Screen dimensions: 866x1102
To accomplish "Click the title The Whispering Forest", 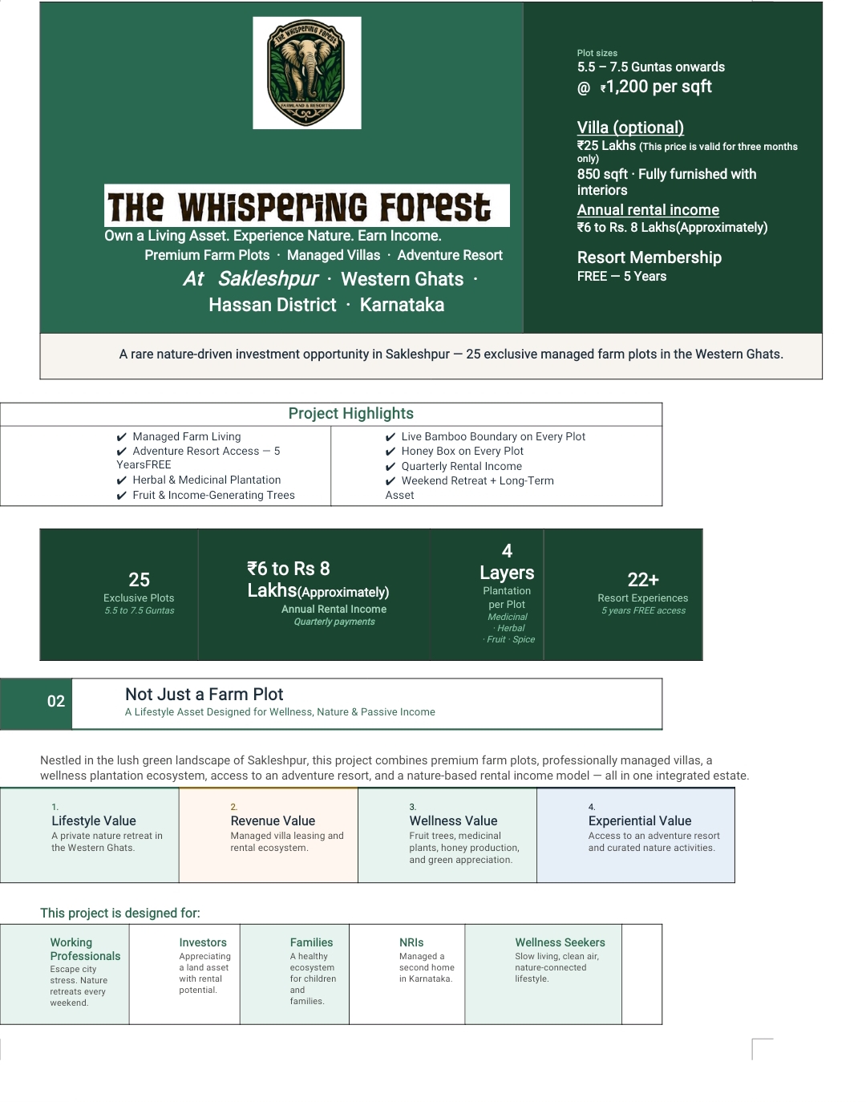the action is [x=299, y=206].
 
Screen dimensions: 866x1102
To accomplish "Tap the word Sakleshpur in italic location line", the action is [x=268, y=279].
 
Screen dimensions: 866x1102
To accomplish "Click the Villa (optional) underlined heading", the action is [x=630, y=128].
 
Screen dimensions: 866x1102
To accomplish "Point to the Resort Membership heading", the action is [x=649, y=257].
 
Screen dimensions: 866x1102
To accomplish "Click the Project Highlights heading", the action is [x=351, y=413].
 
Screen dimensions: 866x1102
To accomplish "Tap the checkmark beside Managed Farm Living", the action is [x=121, y=437].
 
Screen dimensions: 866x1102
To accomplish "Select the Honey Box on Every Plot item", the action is [x=462, y=451].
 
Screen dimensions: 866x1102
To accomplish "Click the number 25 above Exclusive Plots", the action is [x=139, y=579].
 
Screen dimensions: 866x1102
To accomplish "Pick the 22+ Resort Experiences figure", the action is [x=643, y=579].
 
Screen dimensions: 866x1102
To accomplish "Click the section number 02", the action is [x=56, y=701].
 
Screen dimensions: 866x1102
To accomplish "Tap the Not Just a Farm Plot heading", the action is [x=204, y=694].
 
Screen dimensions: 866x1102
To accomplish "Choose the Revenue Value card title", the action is [x=273, y=820].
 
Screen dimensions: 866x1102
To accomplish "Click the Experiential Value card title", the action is [x=640, y=820].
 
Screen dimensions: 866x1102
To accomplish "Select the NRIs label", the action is [x=411, y=942].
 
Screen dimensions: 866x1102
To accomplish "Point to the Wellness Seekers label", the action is [x=560, y=942].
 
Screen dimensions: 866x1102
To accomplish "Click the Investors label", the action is [x=203, y=942].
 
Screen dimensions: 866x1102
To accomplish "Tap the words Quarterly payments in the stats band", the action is [x=334, y=622].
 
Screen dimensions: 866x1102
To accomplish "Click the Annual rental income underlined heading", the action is [x=648, y=210].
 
